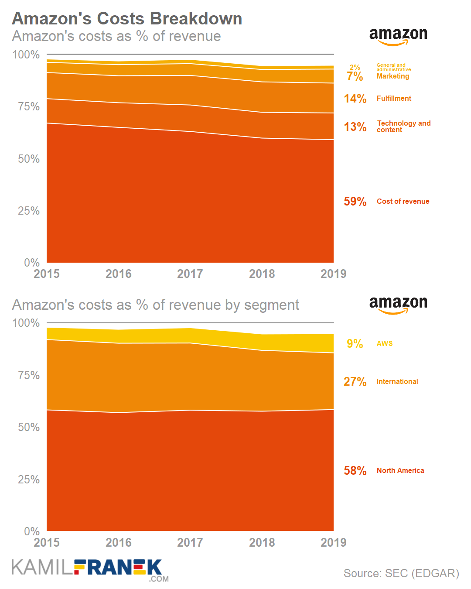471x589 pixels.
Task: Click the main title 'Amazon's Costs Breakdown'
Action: click(127, 19)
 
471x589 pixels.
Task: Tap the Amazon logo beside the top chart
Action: click(398, 36)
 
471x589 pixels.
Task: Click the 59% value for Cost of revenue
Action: click(355, 202)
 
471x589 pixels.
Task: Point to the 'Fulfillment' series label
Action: click(394, 99)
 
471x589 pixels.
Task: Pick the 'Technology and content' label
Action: click(403, 127)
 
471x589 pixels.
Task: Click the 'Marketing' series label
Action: click(393, 76)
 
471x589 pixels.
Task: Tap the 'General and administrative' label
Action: click(393, 67)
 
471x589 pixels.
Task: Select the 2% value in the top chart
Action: click(355, 67)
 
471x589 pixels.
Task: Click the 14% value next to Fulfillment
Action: click(355, 99)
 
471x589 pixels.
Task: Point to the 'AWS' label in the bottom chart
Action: click(385, 344)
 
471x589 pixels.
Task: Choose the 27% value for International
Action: click(355, 382)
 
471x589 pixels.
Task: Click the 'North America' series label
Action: click(400, 471)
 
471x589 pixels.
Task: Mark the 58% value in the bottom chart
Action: click(355, 471)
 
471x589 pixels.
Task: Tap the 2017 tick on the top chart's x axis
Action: click(190, 274)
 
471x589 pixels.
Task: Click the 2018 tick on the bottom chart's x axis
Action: click(262, 543)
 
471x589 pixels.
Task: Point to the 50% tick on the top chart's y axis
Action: click(29, 159)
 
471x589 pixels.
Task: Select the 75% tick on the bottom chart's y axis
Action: click(29, 375)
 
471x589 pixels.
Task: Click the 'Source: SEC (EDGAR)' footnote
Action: click(401, 573)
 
